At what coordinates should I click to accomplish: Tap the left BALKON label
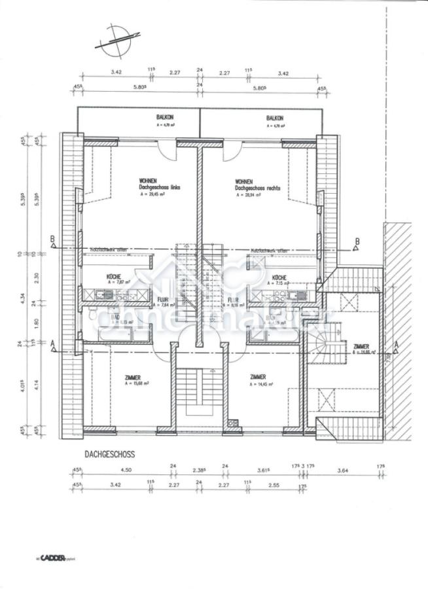pos(147,118)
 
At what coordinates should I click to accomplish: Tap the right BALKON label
pos(275,118)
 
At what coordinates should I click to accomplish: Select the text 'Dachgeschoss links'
pos(159,187)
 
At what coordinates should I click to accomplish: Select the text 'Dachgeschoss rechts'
pos(258,187)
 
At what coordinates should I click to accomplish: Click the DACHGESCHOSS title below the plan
pos(109,453)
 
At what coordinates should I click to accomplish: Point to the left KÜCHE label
pos(115,277)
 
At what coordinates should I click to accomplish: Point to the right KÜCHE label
pos(279,277)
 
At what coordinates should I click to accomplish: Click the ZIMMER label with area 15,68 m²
pos(132,377)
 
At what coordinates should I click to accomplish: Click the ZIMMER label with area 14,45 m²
pos(257,377)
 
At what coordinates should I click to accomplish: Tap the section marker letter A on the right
pos(397,342)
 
